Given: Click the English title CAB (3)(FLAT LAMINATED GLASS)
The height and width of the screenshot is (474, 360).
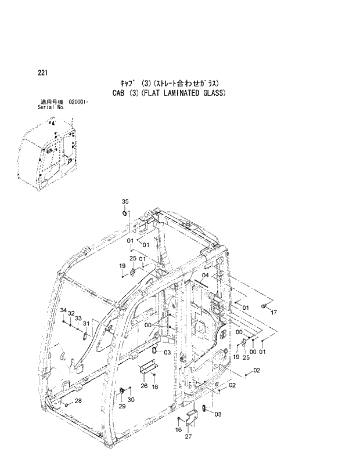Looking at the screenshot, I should pos(168,93).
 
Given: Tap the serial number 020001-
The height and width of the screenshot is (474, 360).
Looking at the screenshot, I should pos(78,102).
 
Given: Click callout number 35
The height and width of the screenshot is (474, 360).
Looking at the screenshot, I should pos(125,201).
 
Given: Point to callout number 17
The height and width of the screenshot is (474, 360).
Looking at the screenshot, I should pos(273,312).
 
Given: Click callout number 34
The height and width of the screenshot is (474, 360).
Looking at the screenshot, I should pos(63,312).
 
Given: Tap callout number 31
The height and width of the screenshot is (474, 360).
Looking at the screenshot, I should pos(86,323).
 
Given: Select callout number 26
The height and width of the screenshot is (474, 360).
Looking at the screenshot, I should pos(144,385).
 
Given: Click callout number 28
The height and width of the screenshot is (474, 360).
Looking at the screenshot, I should pos(78,401).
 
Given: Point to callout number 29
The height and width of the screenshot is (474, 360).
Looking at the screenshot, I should pos(122,406).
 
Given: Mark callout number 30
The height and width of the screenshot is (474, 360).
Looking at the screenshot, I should pos(131,400).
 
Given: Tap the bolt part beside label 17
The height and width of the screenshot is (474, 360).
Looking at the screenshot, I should pos(265,305).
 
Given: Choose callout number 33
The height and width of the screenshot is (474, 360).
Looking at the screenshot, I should pos(78,318).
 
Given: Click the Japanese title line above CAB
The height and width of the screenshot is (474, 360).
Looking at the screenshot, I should pos(168,82).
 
